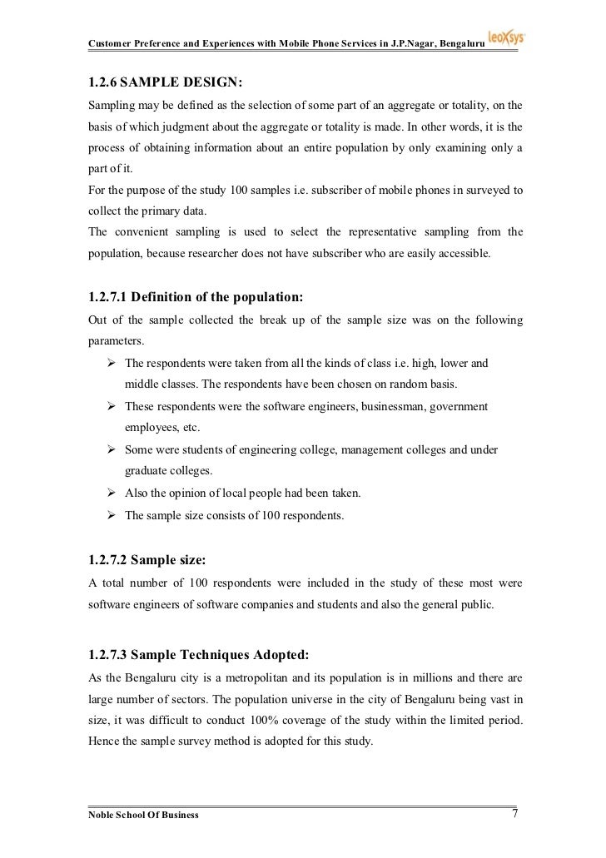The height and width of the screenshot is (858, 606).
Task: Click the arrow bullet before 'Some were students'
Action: [x=110, y=449]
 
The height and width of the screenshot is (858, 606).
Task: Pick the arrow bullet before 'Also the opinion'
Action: [x=110, y=493]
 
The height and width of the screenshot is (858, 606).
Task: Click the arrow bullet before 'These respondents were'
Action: [x=110, y=406]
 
